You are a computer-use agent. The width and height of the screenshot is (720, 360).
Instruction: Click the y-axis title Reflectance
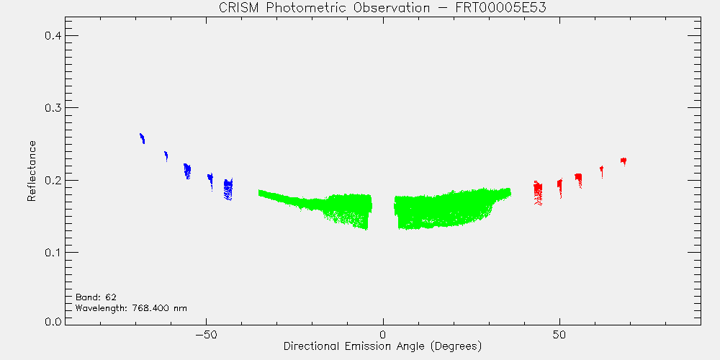[31, 171]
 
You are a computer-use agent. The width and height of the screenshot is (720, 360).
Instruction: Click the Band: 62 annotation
[92, 297]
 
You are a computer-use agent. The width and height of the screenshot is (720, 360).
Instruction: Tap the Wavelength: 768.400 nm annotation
[131, 307]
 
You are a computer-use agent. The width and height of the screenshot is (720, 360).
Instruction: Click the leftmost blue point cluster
[143, 138]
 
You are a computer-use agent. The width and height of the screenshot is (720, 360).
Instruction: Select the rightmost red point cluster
[623, 161]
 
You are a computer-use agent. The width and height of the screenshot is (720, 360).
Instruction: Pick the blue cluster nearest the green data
[228, 189]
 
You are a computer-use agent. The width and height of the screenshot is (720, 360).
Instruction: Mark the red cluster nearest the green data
[538, 193]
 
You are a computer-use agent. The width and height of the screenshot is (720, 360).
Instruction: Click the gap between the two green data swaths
[383, 211]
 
